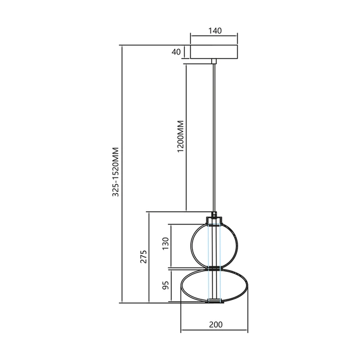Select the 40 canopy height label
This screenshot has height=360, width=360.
[176, 52]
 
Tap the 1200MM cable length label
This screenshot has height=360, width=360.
[180, 137]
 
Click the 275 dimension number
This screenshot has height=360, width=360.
[143, 257]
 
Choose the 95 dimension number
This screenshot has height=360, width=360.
[166, 284]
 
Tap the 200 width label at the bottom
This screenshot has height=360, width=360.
[215, 325]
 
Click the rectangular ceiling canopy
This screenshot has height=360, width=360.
[214, 52]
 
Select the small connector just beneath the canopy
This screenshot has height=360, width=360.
[214, 61]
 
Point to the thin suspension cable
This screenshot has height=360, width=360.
[214, 138]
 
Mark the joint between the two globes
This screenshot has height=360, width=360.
[214, 267]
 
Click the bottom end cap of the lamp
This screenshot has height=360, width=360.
[214, 300]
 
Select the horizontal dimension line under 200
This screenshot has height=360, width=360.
[215, 331]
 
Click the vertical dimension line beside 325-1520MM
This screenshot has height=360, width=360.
[122, 174]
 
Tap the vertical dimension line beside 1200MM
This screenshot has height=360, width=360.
[186, 137]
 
